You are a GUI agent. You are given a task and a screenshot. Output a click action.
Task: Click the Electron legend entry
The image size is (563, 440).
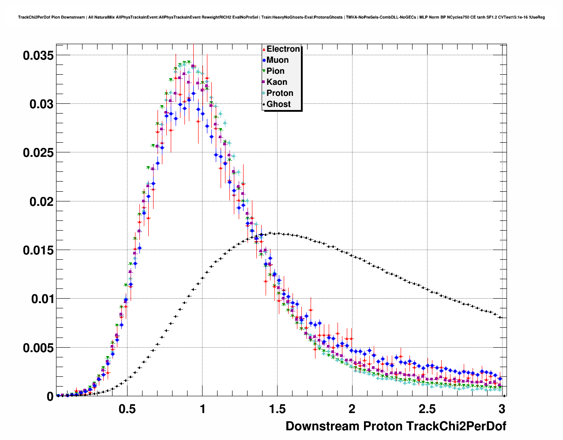tap(283, 49)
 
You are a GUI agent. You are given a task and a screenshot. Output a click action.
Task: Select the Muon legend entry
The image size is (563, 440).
tap(278, 60)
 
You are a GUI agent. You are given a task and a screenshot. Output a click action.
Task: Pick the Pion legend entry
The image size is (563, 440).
tap(275, 71)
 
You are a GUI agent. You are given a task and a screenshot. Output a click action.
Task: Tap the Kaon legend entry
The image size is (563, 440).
tap(277, 82)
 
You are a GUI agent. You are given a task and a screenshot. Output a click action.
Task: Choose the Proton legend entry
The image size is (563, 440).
tap(280, 93)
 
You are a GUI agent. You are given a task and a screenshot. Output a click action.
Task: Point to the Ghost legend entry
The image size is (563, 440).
tap(278, 104)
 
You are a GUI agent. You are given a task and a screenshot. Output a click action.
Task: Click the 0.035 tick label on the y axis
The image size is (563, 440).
tap(38, 56)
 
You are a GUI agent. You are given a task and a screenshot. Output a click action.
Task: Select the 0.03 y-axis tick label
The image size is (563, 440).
tap(41, 104)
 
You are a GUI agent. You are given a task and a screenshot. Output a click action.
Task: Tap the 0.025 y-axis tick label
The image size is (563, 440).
tap(38, 153)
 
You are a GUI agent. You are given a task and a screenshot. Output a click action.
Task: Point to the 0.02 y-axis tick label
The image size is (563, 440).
tap(41, 201)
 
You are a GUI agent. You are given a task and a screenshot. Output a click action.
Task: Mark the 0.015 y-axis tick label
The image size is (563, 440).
tap(38, 250)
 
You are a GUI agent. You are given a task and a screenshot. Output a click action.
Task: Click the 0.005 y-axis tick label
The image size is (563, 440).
tap(38, 348)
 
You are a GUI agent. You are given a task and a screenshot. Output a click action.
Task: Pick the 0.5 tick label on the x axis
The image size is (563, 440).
tap(127, 409)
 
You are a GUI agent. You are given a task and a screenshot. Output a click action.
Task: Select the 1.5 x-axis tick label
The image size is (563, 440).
tap(277, 409)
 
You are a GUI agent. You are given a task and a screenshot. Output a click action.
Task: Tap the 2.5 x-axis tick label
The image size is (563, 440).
tap(427, 409)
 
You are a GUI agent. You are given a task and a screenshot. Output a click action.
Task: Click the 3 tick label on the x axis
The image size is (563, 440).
tap(501, 409)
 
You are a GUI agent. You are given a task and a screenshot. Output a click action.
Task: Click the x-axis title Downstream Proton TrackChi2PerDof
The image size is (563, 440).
tap(396, 426)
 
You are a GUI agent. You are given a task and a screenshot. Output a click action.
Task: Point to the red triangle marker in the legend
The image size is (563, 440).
tap(264, 49)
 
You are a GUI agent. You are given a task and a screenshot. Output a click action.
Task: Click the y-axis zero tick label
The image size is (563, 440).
tap(50, 397)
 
